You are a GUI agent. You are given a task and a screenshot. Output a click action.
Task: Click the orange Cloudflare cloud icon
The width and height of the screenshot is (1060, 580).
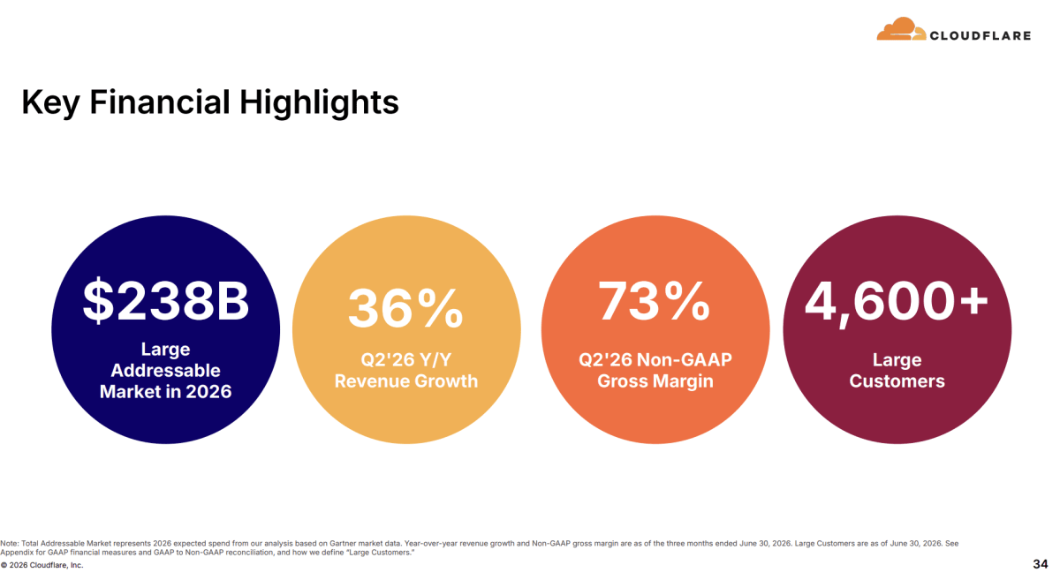click(x=901, y=29)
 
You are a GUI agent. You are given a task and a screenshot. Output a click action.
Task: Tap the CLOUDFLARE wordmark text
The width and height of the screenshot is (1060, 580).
click(x=980, y=35)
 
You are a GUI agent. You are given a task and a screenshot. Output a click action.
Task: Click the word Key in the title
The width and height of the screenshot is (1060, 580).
click(x=50, y=102)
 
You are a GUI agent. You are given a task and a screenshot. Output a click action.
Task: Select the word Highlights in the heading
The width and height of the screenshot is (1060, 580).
click(x=320, y=102)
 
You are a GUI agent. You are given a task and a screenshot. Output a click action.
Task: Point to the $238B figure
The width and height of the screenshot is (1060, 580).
click(x=166, y=301)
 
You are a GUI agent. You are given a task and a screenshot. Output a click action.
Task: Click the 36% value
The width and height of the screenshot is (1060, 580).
click(x=405, y=309)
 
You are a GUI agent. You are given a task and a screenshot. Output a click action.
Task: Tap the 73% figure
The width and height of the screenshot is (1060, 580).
click(x=655, y=301)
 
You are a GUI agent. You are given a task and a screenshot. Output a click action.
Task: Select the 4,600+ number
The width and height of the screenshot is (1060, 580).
click(x=897, y=303)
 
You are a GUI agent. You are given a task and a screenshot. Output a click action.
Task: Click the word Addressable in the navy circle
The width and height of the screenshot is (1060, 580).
click(x=166, y=371)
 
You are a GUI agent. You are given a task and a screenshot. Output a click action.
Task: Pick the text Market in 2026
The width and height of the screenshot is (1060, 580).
click(x=166, y=391)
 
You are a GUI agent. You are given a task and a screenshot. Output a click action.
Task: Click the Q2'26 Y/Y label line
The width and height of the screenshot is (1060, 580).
click(x=406, y=360)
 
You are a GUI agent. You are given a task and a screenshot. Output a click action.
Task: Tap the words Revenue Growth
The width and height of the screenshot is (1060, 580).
click(x=406, y=381)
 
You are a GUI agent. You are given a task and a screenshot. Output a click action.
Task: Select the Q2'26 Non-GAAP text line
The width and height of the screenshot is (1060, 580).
click(x=655, y=360)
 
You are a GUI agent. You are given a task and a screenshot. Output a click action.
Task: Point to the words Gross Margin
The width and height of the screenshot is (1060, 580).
click(x=655, y=381)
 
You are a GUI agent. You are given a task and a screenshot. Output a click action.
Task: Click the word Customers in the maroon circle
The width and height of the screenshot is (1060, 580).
click(x=897, y=381)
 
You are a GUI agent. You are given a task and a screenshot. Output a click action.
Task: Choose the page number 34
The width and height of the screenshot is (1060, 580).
click(x=1041, y=564)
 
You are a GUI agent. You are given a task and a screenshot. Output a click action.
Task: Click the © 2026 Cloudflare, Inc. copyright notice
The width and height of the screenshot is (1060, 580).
click(x=42, y=565)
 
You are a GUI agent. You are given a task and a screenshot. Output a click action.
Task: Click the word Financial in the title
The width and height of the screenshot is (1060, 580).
click(x=160, y=102)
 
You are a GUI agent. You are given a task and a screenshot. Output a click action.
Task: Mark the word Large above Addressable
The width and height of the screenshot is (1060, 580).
click(x=166, y=349)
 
